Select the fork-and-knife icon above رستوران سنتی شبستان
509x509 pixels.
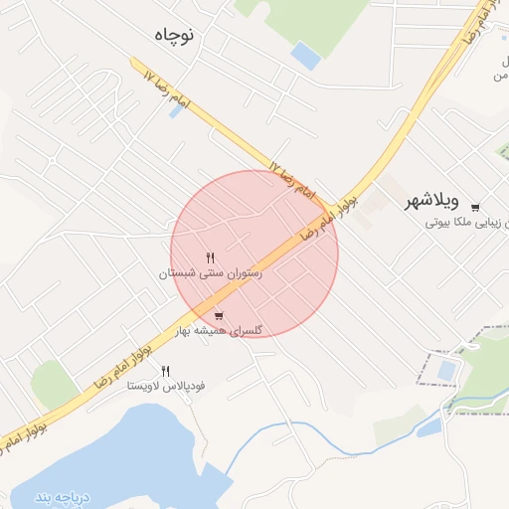pos(210,257)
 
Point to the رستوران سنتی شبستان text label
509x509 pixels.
pos(210,271)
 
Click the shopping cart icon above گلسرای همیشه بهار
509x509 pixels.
pos(218,317)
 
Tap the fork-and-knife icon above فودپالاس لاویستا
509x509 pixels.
pos(165,371)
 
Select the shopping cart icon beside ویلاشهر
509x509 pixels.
pos(475,207)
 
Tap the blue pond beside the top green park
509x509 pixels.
pos(306,56)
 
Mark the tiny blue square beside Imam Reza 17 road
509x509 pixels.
pos(176,111)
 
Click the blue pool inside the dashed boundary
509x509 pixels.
pos(447,372)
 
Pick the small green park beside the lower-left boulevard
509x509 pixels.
pos(54,384)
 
